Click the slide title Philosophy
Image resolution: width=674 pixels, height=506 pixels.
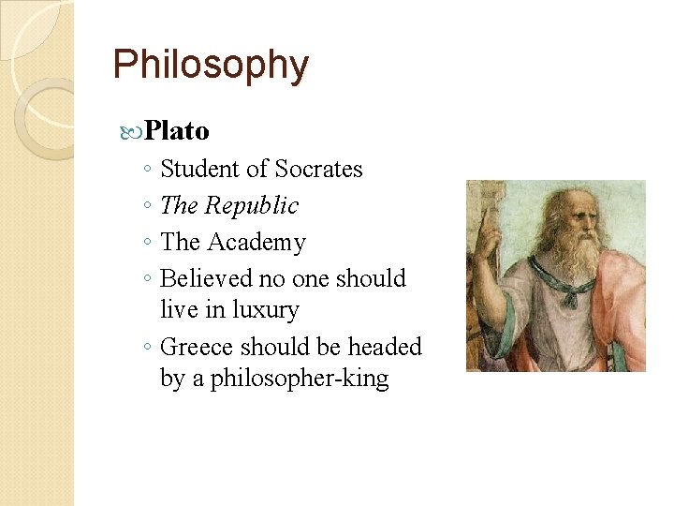point(210,65)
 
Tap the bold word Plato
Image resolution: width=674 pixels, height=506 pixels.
point(177,130)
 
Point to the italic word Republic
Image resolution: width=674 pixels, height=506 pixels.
point(252,205)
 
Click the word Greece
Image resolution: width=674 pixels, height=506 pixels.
point(198,347)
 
